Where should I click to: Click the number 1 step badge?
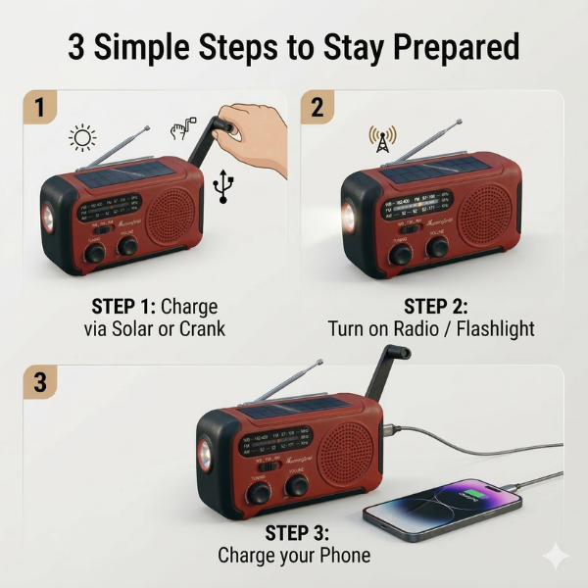point(39,108)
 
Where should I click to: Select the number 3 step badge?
point(39,382)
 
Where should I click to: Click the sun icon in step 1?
point(82,137)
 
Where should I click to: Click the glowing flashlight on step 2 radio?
point(351,214)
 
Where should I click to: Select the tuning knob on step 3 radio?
point(258,492)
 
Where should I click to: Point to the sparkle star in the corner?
point(555,556)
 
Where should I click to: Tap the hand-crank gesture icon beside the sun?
point(182,126)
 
